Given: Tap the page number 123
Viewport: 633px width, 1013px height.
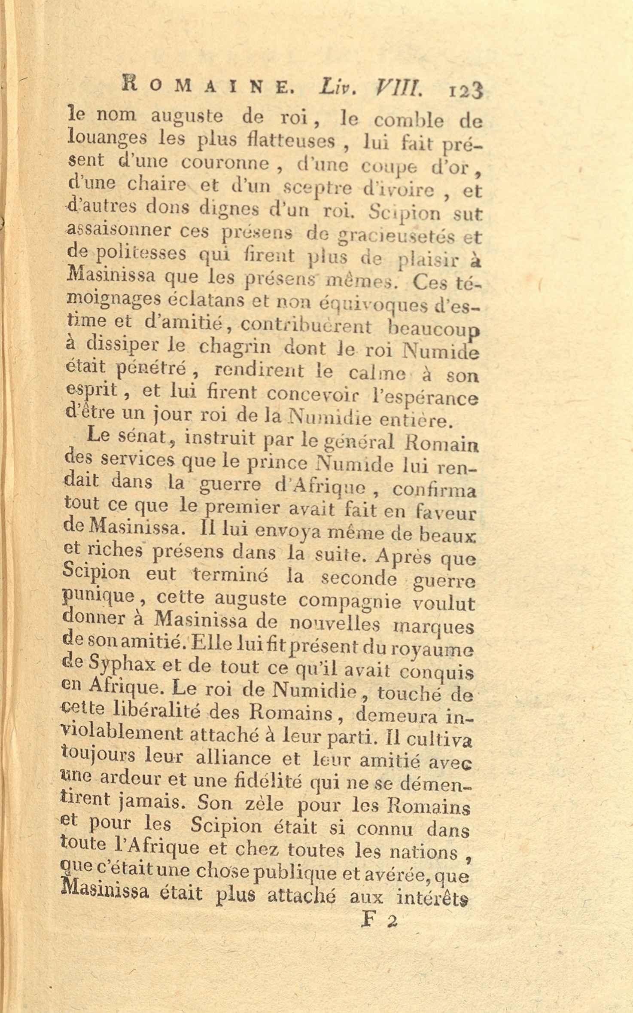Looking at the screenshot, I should [466, 91].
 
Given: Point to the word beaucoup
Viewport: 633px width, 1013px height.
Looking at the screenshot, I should [433, 330].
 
